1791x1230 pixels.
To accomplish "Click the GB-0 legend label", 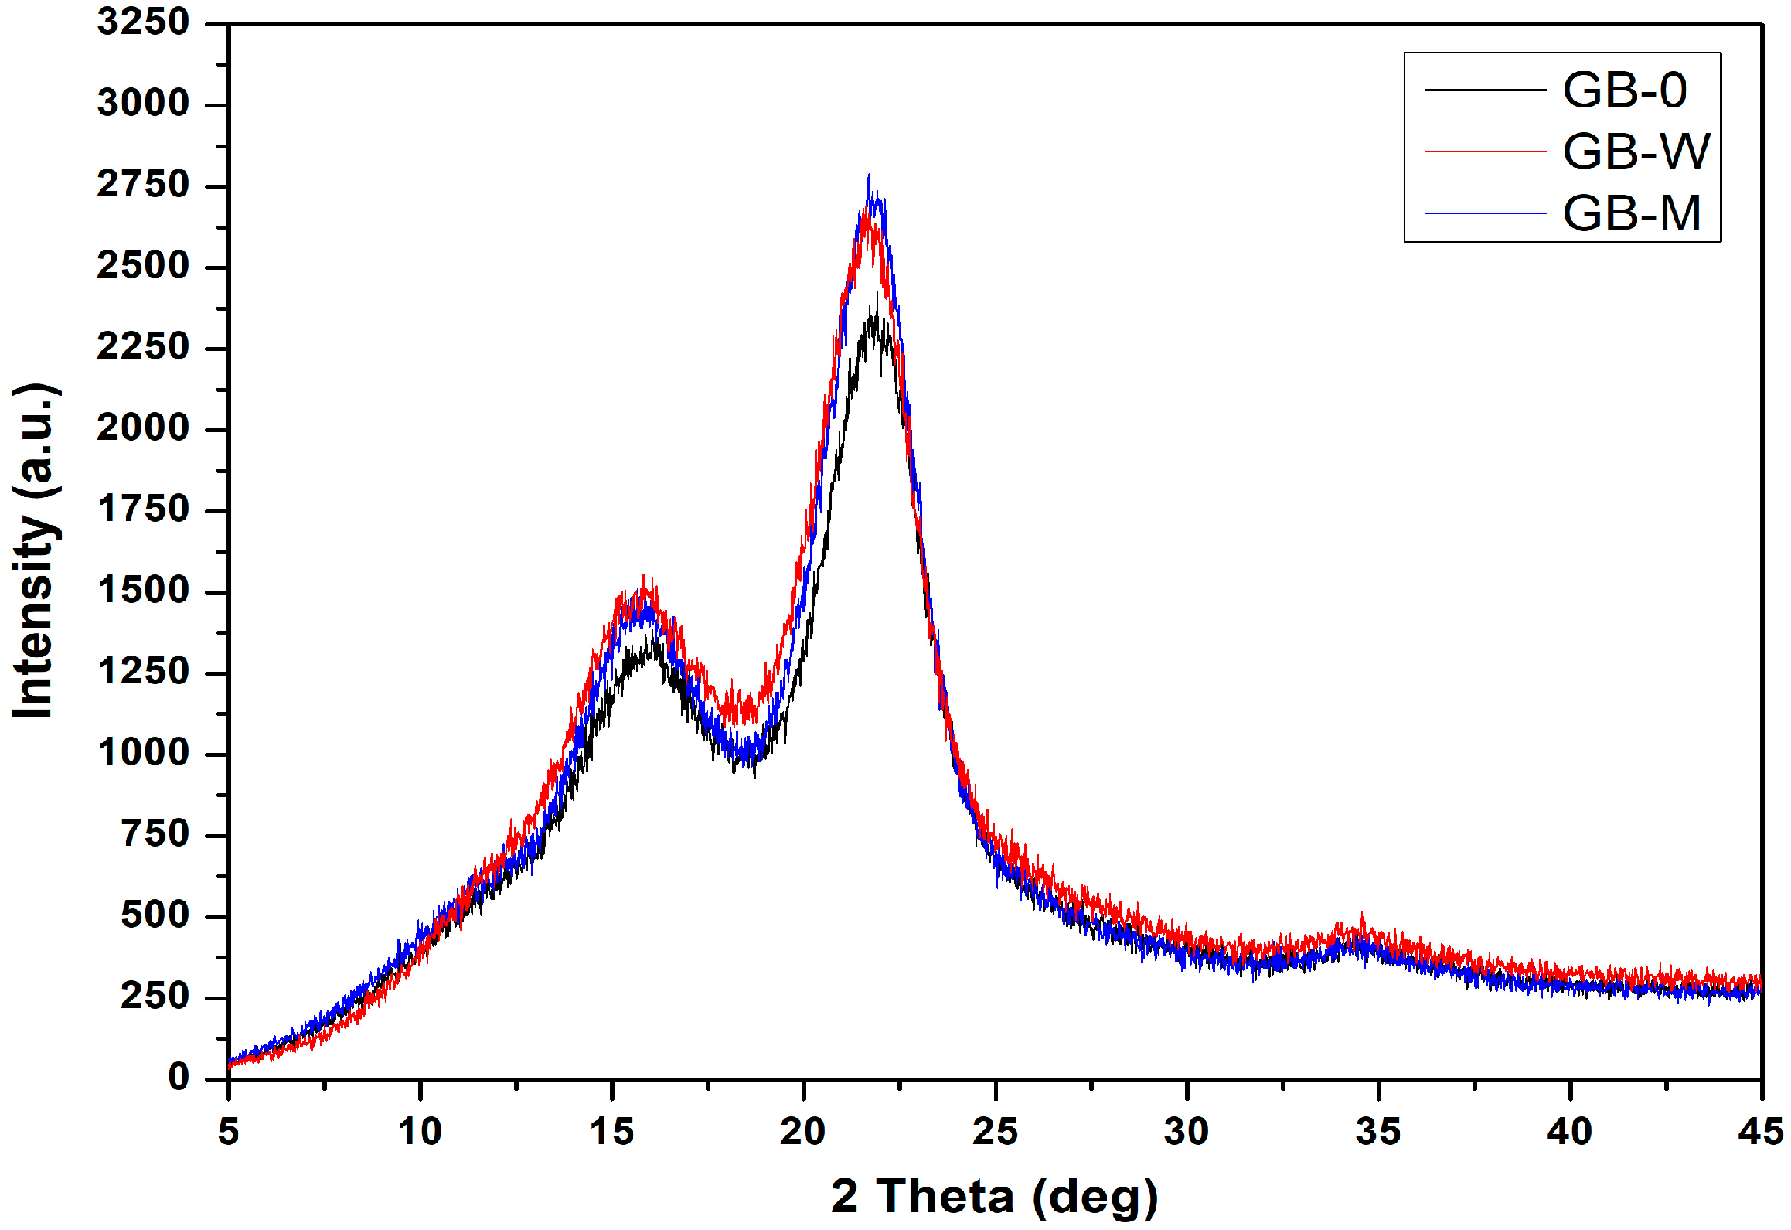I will tap(1624, 90).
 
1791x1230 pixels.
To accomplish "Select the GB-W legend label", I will tap(1636, 152).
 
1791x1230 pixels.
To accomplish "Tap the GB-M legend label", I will tap(1632, 213).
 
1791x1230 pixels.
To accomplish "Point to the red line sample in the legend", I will tap(1485, 152).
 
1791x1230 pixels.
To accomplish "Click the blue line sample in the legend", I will tap(1485, 213).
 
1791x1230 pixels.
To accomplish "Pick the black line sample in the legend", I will tap(1485, 90).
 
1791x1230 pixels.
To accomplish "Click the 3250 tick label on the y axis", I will tap(143, 22).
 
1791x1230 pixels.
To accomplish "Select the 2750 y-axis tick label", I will tap(143, 186).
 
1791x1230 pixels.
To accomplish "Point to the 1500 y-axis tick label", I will tap(143, 591).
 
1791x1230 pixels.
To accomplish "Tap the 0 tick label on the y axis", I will tap(179, 1078).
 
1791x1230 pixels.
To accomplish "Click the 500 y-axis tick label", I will tap(155, 916).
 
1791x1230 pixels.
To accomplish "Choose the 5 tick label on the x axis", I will tap(229, 1133).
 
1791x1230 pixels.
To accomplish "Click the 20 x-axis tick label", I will tap(803, 1133).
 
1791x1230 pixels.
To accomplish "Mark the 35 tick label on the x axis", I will tap(1378, 1133).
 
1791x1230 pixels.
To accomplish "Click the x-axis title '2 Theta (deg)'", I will tap(994, 1197).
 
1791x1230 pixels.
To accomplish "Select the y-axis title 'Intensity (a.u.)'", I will tap(35, 550).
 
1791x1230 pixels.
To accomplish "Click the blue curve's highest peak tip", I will tap(869, 176).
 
